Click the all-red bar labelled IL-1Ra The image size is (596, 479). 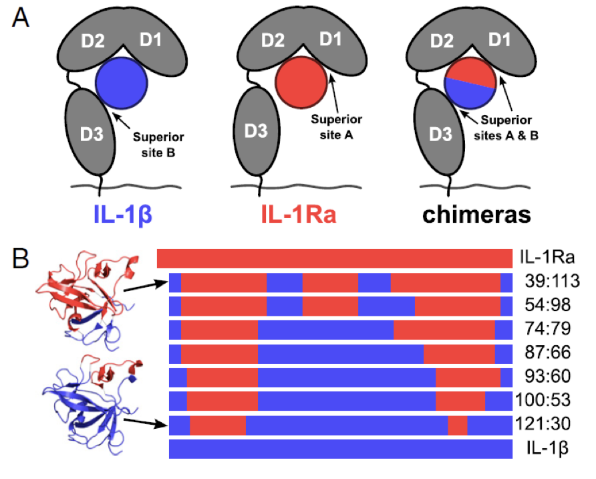(x=334, y=258)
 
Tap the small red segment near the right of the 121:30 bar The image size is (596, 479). (x=457, y=425)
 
